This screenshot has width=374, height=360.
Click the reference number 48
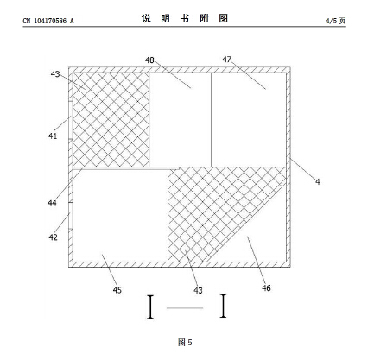click(x=149, y=60)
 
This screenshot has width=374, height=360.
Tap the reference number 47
click(x=226, y=60)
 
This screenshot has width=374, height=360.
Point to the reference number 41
click(x=53, y=136)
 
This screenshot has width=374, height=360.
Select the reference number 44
click(x=52, y=203)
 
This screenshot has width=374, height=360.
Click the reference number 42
click(x=53, y=237)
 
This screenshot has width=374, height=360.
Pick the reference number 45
click(x=117, y=290)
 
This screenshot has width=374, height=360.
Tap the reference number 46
click(x=266, y=288)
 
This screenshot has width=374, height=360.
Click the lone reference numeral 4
click(x=318, y=181)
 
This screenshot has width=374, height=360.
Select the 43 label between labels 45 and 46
click(x=198, y=290)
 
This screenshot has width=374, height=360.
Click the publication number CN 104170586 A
click(x=48, y=21)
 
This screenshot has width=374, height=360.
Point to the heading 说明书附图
click(x=185, y=18)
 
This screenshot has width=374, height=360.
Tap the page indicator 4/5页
click(x=336, y=21)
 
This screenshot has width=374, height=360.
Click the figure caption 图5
click(x=185, y=343)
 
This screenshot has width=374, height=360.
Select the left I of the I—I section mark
click(x=150, y=306)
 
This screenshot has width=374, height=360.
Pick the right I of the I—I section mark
click(x=223, y=306)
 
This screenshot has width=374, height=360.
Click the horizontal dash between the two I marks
click(x=185, y=308)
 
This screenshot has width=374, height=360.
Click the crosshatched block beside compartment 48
click(x=111, y=120)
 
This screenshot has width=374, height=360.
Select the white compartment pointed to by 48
click(x=181, y=120)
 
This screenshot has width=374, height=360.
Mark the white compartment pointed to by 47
click(x=249, y=120)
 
